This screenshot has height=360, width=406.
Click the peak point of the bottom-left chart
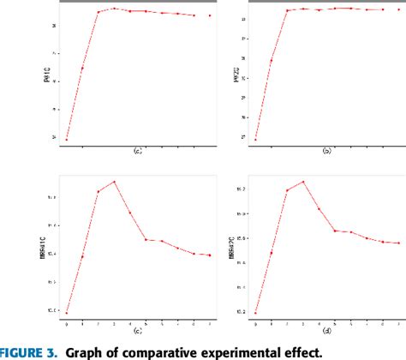tap(114, 182)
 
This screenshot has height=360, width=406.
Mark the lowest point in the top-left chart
tap(66, 139)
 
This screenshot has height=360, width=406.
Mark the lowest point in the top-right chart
tap(255, 139)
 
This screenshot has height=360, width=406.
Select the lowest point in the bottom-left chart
tap(66, 313)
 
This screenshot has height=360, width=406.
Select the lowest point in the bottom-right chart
tap(255, 313)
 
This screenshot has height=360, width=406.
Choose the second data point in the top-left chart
tap(82, 69)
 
